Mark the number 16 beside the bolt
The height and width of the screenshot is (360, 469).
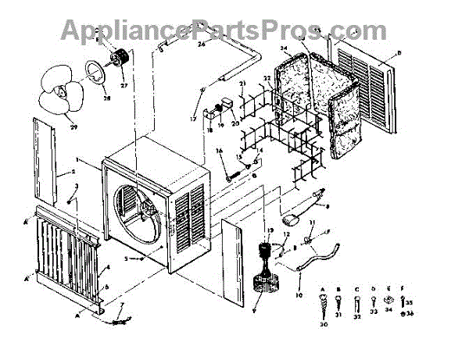(220, 150)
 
